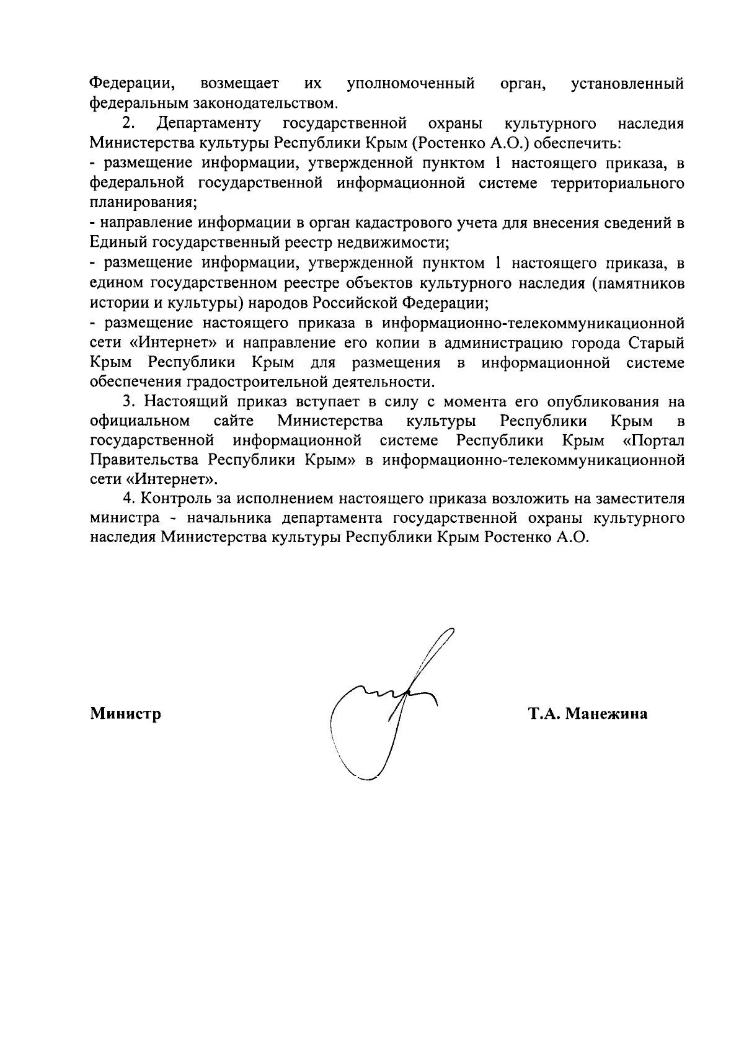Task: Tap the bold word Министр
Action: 126,714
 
